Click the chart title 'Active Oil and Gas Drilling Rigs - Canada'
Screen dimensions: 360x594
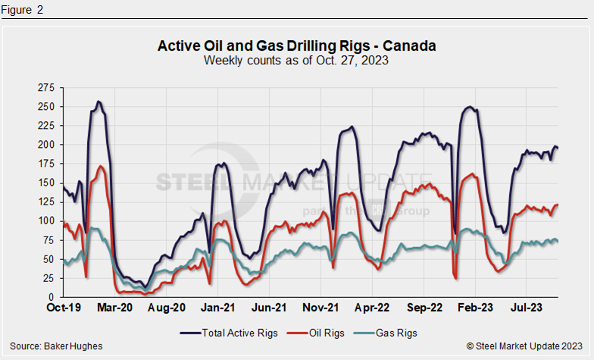296,46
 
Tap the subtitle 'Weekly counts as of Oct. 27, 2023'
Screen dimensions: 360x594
296,61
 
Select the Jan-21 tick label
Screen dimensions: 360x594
219,308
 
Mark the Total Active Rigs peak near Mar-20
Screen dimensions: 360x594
98,102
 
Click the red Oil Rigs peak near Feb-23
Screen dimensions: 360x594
474,174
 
